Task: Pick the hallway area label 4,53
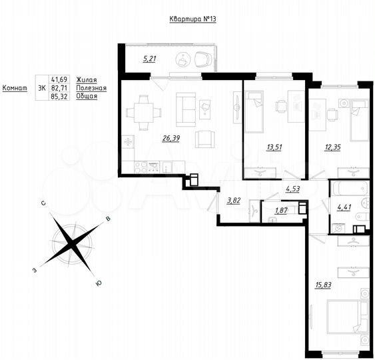tap(292, 190)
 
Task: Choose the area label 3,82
tap(233, 200)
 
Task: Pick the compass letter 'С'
tap(43, 202)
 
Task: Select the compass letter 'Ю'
tap(99, 285)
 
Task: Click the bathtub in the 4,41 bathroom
tap(349, 185)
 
